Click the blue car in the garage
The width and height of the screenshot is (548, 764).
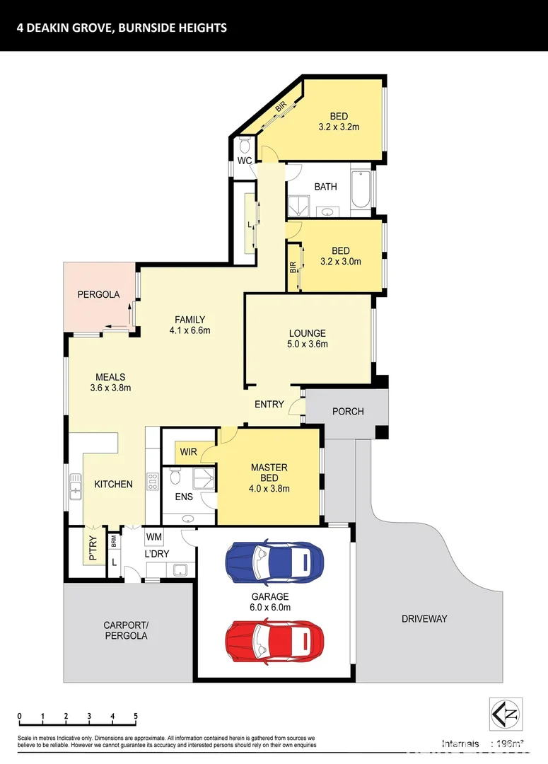274,561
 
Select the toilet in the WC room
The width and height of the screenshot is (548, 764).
245,146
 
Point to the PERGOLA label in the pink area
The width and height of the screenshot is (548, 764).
98,294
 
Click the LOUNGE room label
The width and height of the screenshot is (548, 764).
307,333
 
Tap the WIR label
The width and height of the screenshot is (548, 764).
188,451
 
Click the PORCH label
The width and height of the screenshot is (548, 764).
347,411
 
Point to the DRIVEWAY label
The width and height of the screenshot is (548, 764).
424,618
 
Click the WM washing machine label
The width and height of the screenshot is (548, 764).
154,537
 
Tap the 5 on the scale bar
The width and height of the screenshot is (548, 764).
136,716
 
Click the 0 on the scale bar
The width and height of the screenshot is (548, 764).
21,716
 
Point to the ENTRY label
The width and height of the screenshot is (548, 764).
269,405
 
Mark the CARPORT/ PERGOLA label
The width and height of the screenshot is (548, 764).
125,630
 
